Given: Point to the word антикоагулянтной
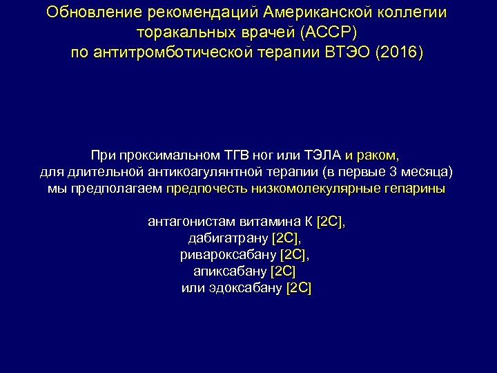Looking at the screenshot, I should tap(213, 171).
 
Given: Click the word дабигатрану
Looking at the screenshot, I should tap(228, 238).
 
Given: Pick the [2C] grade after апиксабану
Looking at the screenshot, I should tap(283, 271).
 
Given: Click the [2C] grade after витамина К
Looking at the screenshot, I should tap(331, 222).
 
